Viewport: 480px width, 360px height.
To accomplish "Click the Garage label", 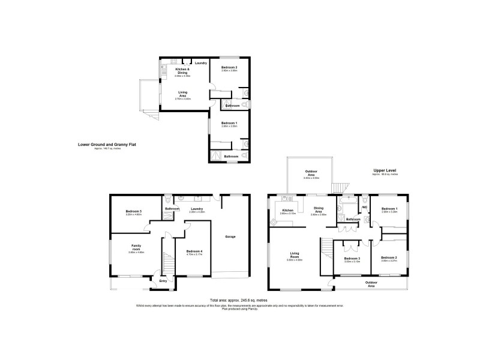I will click(230, 236).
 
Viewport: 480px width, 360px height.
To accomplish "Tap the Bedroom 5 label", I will click(133, 211).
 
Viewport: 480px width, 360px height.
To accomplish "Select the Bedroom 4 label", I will click(193, 251).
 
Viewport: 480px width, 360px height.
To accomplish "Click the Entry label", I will click(163, 280).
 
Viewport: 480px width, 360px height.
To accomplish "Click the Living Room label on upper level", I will click(294, 256).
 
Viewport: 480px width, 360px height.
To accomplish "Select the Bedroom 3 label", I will click(352, 258).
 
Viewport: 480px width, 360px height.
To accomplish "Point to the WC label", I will click(364, 208).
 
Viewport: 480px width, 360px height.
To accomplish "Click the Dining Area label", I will click(319, 210).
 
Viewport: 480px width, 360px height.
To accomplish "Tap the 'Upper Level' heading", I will click(384, 170).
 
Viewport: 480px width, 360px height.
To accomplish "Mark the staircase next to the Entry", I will click(166, 261).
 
